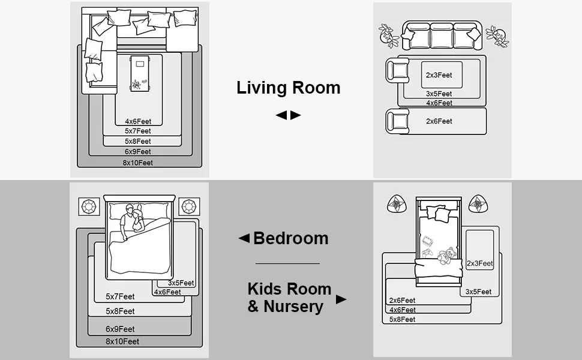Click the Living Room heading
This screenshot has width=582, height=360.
(x=289, y=88)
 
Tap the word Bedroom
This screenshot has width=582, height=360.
(x=290, y=238)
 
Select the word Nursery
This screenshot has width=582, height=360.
(x=293, y=307)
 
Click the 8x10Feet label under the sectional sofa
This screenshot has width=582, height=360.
(x=138, y=163)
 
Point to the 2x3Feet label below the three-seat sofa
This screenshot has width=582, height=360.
(x=439, y=75)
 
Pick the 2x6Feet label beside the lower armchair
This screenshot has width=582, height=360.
(x=439, y=121)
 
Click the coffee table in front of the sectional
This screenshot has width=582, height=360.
(x=140, y=73)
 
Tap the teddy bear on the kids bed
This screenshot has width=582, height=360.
(x=447, y=256)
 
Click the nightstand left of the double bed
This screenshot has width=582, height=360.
(x=89, y=207)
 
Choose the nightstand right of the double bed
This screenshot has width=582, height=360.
(x=189, y=207)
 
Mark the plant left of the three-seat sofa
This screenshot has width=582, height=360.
(x=388, y=36)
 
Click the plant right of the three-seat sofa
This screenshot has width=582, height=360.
(x=497, y=37)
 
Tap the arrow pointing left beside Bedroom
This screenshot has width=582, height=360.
(x=244, y=238)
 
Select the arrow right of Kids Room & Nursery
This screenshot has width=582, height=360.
(x=341, y=299)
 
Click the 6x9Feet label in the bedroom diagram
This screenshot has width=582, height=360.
(x=120, y=329)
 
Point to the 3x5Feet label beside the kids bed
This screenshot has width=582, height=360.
(x=478, y=292)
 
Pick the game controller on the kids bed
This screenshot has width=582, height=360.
(x=427, y=253)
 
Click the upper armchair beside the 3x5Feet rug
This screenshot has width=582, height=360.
(x=398, y=70)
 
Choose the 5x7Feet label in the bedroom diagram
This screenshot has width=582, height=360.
(x=120, y=296)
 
